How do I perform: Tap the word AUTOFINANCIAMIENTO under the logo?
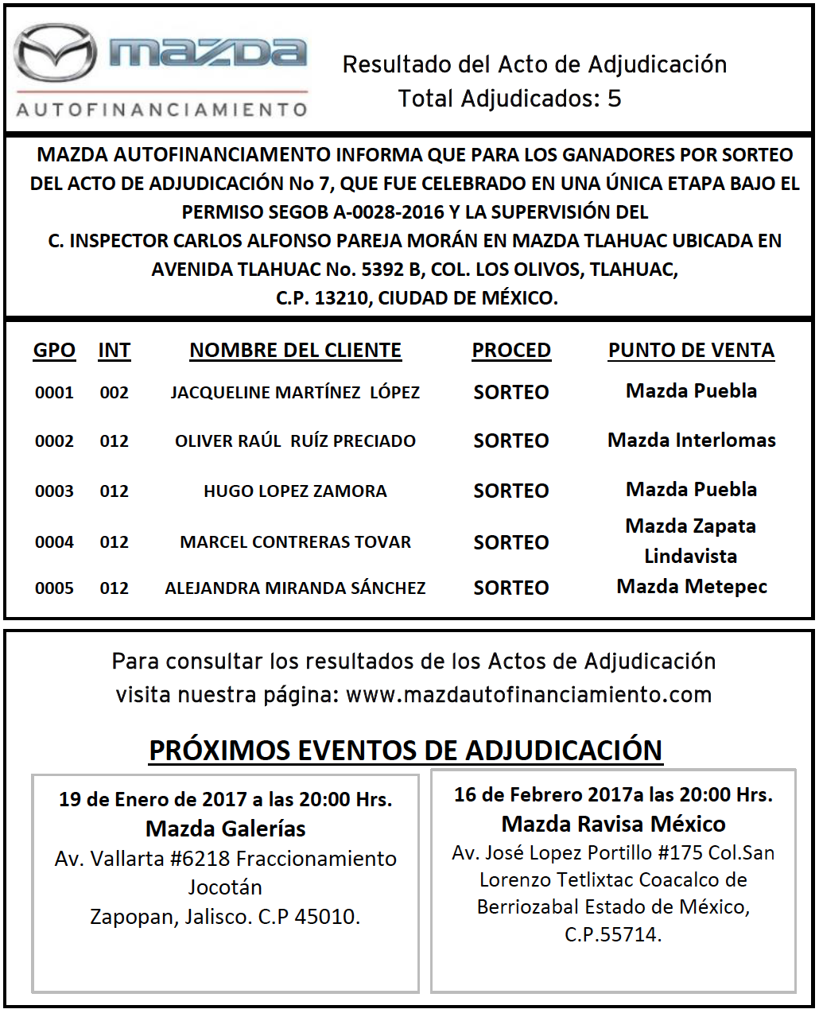point(161,109)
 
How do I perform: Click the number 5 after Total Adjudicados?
point(614,99)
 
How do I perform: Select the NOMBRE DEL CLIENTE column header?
point(295,351)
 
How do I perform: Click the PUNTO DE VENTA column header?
point(691,351)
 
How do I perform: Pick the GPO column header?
point(54,351)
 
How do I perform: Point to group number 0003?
point(54,491)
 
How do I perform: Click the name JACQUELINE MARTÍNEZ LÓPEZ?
point(295,393)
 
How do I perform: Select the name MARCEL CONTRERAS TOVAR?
point(295,542)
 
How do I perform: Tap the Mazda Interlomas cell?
point(692,441)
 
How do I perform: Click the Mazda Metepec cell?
point(692,587)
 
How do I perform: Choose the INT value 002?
point(114,393)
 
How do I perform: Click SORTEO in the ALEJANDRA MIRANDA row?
point(511,588)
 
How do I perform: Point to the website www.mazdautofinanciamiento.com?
point(529,695)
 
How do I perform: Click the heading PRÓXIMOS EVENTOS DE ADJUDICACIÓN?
point(406,751)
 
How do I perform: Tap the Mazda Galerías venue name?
point(226,829)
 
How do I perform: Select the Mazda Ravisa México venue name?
point(613,824)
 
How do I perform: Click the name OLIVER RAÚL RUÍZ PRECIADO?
point(295,441)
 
